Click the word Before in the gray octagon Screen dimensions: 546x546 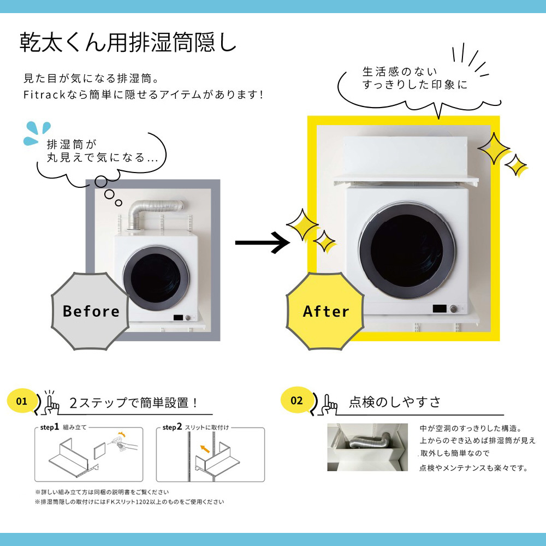(91, 311)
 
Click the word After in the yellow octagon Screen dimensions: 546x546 (326, 311)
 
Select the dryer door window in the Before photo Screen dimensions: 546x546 (156, 278)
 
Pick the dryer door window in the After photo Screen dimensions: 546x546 (407, 251)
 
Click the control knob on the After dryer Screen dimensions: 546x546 (453, 308)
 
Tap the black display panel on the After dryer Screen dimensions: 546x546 (440, 308)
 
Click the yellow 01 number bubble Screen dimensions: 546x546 (22, 401)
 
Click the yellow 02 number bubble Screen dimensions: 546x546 (296, 400)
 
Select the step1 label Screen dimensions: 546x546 (49, 427)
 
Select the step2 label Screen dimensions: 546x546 (172, 427)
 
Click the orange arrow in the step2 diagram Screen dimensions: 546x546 (205, 449)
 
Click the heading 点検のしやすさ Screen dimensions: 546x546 (395, 402)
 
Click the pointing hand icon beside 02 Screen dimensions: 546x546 (329, 405)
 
